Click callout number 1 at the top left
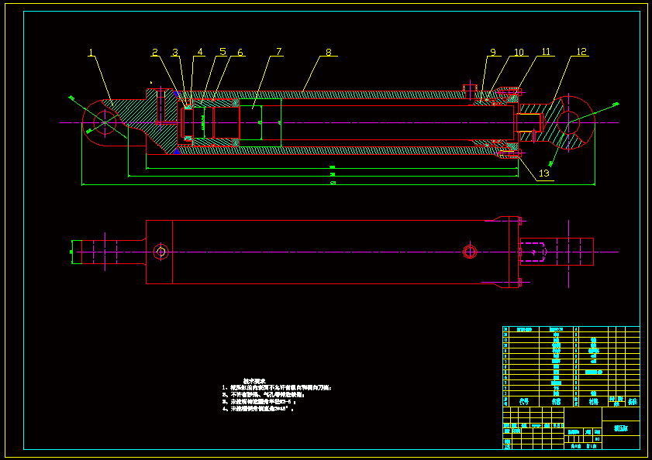click(x=91, y=53)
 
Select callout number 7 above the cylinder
click(x=279, y=52)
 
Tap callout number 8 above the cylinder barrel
click(x=328, y=53)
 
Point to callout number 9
click(x=492, y=53)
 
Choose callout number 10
click(x=519, y=53)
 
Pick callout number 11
click(x=546, y=52)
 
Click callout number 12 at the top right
click(x=581, y=52)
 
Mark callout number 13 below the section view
click(x=543, y=173)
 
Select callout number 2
click(x=155, y=53)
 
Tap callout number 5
click(x=223, y=52)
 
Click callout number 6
click(x=240, y=53)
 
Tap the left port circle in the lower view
click(x=160, y=251)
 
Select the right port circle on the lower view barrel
click(x=469, y=251)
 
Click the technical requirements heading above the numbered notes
click(x=254, y=380)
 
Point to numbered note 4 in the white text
click(x=260, y=408)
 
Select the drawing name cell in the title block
click(x=621, y=427)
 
